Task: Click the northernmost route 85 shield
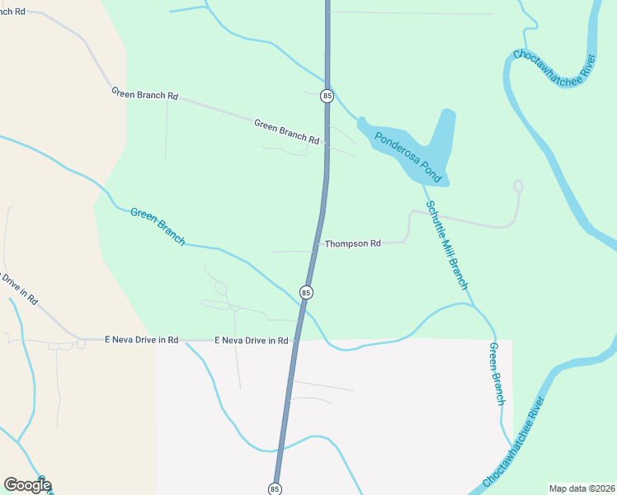point(327,97)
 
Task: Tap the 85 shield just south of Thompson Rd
point(306,293)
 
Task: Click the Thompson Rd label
point(352,244)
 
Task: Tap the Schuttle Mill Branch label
point(446,244)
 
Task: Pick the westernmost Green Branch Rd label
point(145,95)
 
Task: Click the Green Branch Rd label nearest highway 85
point(286,132)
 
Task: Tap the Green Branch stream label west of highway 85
point(158,225)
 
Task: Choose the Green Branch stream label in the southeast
point(497,374)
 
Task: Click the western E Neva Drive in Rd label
point(142,340)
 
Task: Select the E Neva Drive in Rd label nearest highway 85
point(252,340)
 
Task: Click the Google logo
point(27,485)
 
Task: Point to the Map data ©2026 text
point(582,488)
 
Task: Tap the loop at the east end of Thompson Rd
point(518,186)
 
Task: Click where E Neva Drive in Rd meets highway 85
point(294,340)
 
